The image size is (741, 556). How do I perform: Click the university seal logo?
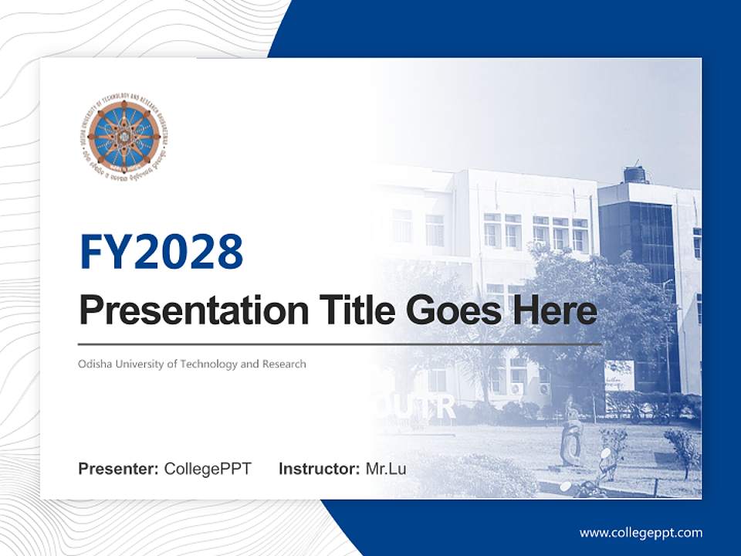tap(123, 137)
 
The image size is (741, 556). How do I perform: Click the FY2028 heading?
tap(161, 252)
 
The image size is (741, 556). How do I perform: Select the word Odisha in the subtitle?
tap(93, 364)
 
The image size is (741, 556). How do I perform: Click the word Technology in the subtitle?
tap(208, 364)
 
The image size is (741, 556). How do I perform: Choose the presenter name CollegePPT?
tap(208, 469)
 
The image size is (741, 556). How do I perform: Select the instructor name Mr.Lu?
tap(386, 469)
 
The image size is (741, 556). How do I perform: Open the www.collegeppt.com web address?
tap(641, 532)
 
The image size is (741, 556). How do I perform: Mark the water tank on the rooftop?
tap(635, 174)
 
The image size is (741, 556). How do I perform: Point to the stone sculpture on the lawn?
tap(571, 444)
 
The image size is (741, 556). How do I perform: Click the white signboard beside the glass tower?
tap(618, 375)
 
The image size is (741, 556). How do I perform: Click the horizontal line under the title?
tap(340, 344)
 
